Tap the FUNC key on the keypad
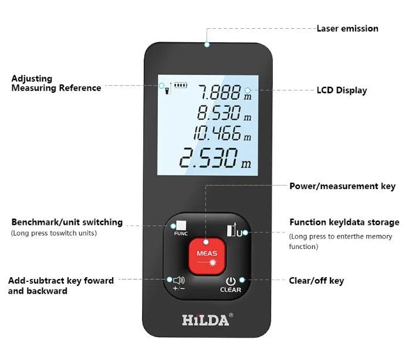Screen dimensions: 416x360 pos(181,228)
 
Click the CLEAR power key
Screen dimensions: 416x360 pos(231,285)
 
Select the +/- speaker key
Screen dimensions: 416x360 pos(179,284)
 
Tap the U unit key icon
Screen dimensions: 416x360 pos(235,230)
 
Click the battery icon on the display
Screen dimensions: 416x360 pos(181,86)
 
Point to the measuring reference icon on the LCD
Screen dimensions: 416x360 pos(168,89)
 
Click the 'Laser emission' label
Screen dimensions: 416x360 pos(347,28)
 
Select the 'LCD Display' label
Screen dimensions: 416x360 pos(341,90)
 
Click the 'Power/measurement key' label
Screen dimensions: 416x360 pos(342,186)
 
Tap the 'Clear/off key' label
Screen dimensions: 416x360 pos(316,281)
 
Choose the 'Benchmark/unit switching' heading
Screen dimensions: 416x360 pos(67,222)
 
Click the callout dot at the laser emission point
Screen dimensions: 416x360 pos(207,44)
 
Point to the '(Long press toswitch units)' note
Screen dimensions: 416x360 pos(54,233)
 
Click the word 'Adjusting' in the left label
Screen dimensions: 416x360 pos(32,79)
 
